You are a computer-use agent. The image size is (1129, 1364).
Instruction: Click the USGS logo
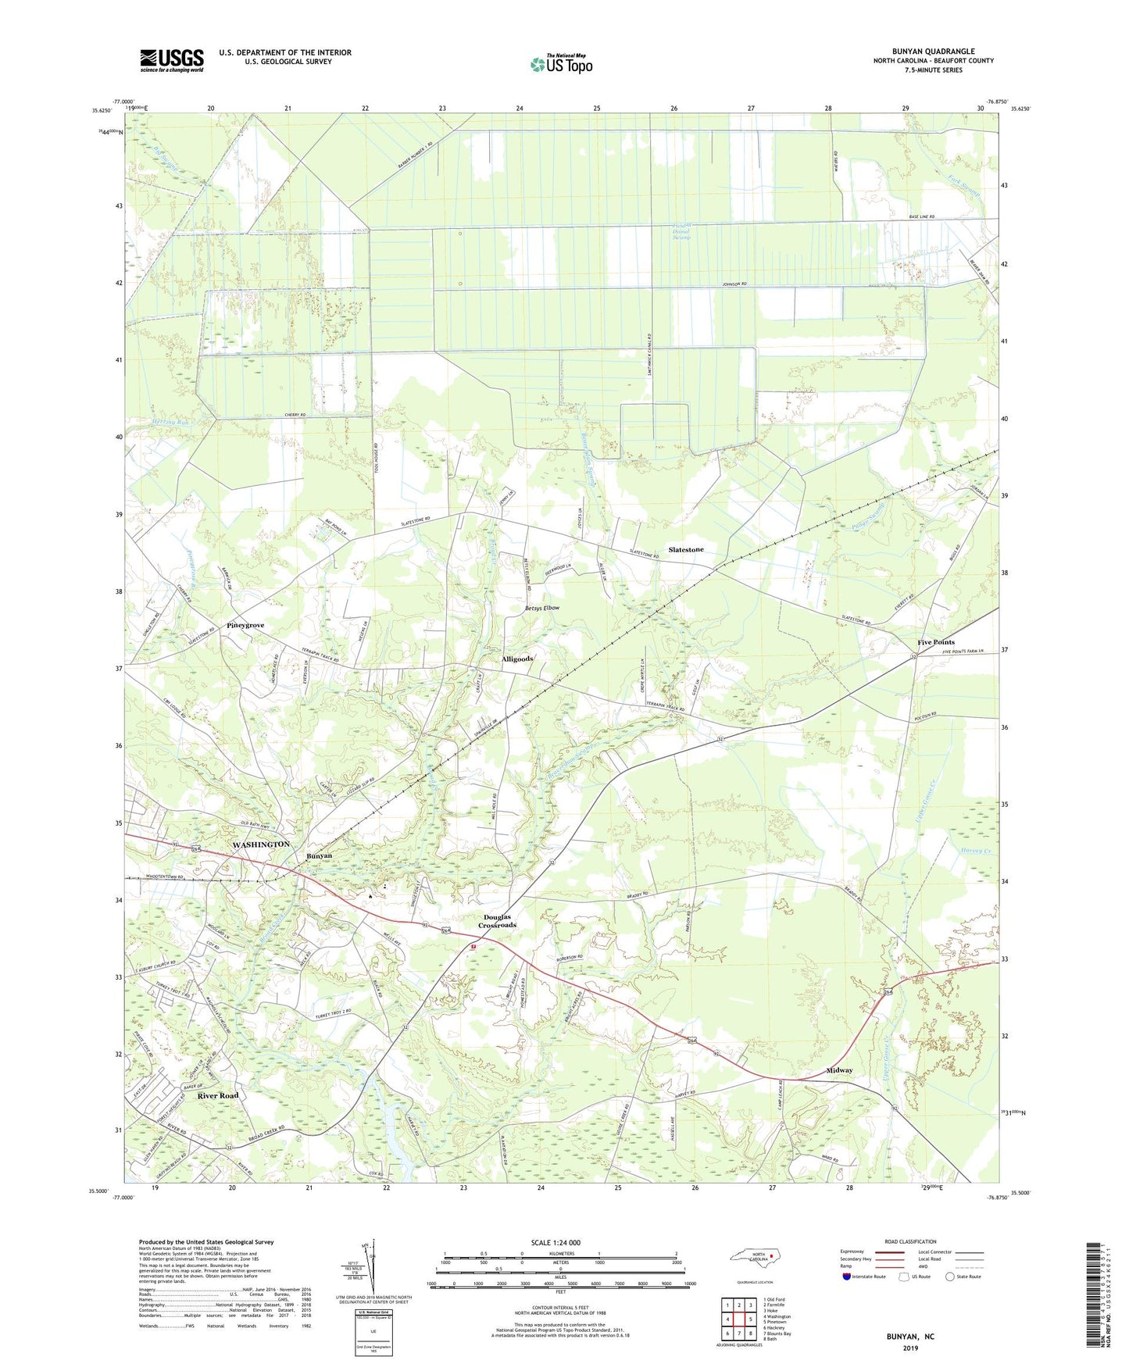172,60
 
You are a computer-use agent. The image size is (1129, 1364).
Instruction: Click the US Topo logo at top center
561,64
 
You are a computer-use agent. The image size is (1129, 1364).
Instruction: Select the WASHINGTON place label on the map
261,844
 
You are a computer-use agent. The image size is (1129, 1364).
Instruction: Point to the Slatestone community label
685,549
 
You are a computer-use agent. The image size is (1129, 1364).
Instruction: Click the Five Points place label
935,642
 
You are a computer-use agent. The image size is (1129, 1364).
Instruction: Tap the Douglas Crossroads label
497,921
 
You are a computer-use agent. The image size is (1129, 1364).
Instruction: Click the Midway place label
839,1070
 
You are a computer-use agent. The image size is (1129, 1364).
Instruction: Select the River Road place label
218,1096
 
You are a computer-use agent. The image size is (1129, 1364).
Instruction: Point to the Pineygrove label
245,626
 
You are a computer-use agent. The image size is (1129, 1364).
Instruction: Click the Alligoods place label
517,659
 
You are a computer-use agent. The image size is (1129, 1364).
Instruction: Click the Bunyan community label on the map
319,855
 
